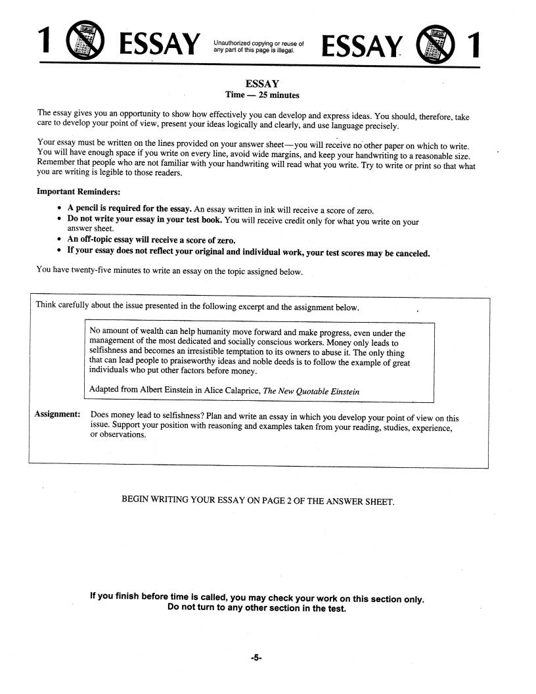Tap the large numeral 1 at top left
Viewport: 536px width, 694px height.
tap(45, 43)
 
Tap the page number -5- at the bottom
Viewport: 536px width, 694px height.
tap(256, 656)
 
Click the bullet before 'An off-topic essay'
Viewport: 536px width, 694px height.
tap(60, 239)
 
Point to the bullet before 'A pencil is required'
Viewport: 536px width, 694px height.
tap(60, 208)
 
